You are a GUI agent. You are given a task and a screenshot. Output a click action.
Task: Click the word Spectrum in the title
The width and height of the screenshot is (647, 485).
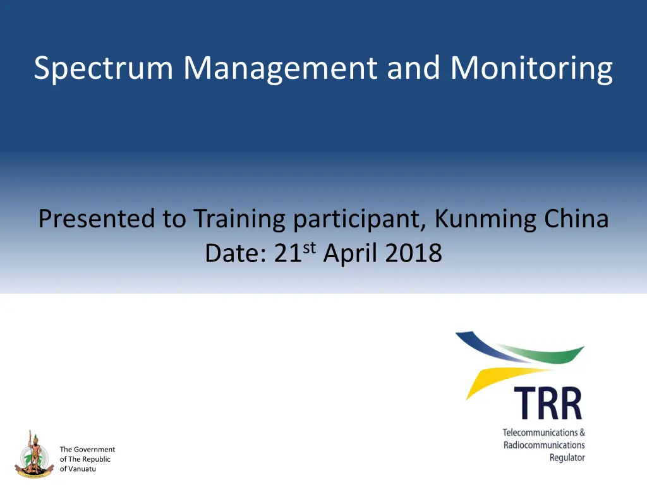(x=104, y=68)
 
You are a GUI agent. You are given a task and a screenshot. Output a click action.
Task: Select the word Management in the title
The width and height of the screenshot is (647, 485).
(x=280, y=68)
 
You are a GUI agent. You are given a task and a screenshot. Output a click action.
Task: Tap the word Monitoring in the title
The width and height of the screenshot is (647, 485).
(x=531, y=68)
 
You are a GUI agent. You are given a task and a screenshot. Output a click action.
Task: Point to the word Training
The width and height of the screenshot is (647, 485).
(x=239, y=219)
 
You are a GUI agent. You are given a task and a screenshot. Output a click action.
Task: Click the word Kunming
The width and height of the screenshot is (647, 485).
(x=485, y=219)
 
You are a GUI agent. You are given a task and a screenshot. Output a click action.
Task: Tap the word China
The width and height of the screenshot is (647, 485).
(x=576, y=219)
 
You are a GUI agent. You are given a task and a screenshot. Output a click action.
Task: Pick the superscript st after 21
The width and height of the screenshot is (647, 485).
(x=310, y=248)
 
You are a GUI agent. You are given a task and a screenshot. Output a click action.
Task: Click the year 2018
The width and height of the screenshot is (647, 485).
(x=413, y=253)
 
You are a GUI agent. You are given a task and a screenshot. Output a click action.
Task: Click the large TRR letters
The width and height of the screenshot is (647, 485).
(x=548, y=404)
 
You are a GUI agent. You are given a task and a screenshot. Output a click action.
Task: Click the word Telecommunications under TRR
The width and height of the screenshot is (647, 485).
(x=540, y=433)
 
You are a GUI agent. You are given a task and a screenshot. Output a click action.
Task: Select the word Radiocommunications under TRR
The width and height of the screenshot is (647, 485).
(x=544, y=445)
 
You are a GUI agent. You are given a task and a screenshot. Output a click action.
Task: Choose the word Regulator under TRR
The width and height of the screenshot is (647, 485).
(x=567, y=458)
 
